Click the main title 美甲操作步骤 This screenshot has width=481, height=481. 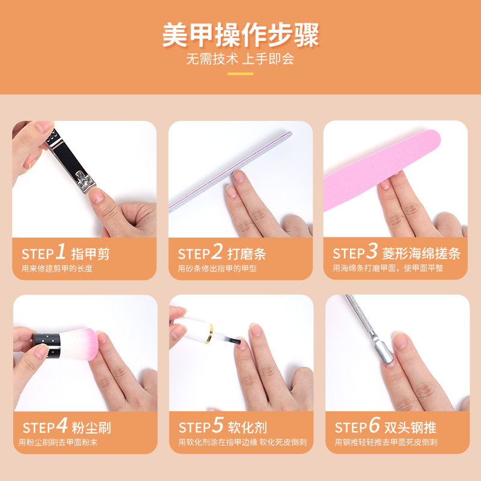(240, 35)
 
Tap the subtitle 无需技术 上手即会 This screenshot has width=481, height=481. (240, 58)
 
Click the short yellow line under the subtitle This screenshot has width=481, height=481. (240, 73)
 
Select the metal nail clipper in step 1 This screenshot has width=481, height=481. (70, 162)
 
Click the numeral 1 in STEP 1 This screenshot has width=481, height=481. (61, 251)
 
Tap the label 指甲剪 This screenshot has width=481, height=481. (91, 254)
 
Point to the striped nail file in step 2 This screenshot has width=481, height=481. (230, 172)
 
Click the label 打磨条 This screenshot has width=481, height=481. (247, 254)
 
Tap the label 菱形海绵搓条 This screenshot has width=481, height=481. (421, 253)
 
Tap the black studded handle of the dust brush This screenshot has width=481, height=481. (47, 345)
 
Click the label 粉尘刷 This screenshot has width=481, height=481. (91, 427)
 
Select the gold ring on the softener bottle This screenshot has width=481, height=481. (210, 334)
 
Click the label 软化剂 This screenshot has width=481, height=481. (248, 427)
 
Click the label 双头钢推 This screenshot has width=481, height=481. (411, 427)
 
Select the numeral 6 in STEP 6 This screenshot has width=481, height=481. (375, 425)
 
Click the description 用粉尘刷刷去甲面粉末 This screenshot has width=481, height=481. (58, 443)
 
